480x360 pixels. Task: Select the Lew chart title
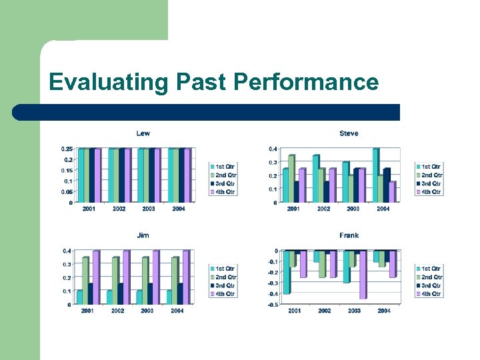pyautogui.click(x=143, y=133)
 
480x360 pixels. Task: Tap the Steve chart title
pyautogui.click(x=349, y=133)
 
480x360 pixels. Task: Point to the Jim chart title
pyautogui.click(x=143, y=235)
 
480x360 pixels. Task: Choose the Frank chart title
pyautogui.click(x=349, y=235)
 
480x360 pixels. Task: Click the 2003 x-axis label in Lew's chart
pyautogui.click(x=149, y=209)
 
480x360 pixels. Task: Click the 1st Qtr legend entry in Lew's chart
pyautogui.click(x=225, y=166)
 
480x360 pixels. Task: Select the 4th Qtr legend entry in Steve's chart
pyautogui.click(x=430, y=192)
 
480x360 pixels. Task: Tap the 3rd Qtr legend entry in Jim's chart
pyautogui.click(x=225, y=285)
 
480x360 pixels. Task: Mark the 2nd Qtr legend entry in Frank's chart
pyautogui.click(x=430, y=277)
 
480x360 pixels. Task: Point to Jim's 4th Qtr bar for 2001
pyautogui.click(x=96, y=277)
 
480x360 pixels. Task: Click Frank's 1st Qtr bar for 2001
pyautogui.click(x=287, y=272)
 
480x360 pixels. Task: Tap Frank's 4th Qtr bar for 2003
pyautogui.click(x=363, y=275)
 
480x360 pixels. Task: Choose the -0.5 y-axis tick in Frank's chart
pyautogui.click(x=273, y=305)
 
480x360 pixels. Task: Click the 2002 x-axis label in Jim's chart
pyautogui.click(x=118, y=311)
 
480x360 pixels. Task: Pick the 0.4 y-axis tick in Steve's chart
pyautogui.click(x=273, y=149)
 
